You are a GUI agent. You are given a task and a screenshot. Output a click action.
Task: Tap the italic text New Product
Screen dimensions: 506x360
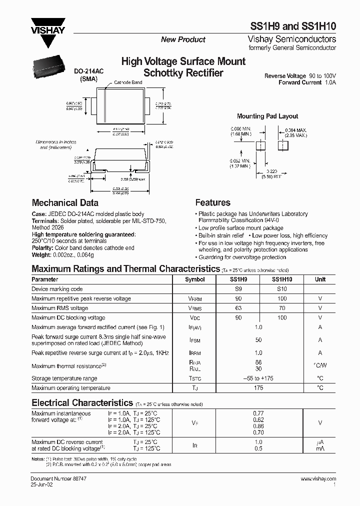(x=183, y=39)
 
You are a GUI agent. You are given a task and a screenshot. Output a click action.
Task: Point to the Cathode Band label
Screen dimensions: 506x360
(x=129, y=82)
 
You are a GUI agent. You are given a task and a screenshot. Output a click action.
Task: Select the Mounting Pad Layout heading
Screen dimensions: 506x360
(x=267, y=116)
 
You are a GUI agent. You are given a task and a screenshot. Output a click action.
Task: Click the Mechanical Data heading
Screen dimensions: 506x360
(x=65, y=203)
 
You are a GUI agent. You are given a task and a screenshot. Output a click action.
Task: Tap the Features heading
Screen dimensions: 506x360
(x=212, y=202)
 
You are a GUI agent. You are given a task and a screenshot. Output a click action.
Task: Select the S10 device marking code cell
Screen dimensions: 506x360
(x=282, y=289)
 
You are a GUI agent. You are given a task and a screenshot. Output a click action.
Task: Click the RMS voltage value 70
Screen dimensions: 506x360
(x=282, y=308)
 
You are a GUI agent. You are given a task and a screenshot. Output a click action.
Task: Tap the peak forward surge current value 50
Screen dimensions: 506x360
(x=258, y=340)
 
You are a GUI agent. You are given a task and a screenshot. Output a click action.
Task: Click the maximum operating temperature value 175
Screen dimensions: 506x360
(x=258, y=387)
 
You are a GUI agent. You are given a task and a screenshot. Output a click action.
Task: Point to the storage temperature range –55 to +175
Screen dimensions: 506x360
(x=258, y=378)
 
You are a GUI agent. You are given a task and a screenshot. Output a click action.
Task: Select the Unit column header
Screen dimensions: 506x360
(x=320, y=279)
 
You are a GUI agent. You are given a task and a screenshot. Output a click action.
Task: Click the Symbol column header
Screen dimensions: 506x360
(x=195, y=279)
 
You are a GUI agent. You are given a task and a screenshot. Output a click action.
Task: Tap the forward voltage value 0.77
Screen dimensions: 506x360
(x=258, y=413)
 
